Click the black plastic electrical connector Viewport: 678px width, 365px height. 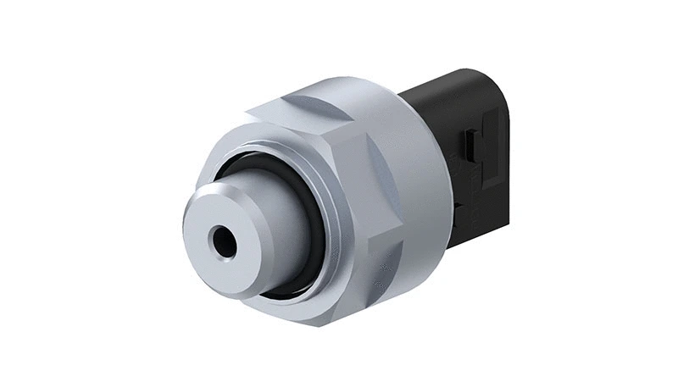click(x=475, y=144)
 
